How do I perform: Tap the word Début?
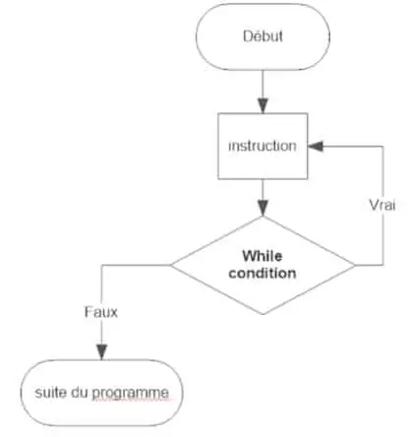point(262,37)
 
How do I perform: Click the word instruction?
point(262,146)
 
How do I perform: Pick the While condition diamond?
point(262,265)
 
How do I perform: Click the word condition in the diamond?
point(262,274)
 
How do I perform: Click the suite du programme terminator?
point(101,394)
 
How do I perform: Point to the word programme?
point(139,395)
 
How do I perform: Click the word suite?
point(45,394)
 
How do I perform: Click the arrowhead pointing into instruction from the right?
point(316,146)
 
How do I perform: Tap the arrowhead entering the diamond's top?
point(262,208)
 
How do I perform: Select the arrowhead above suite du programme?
point(101,356)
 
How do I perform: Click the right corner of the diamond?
point(354,265)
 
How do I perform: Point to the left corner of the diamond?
point(171,265)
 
